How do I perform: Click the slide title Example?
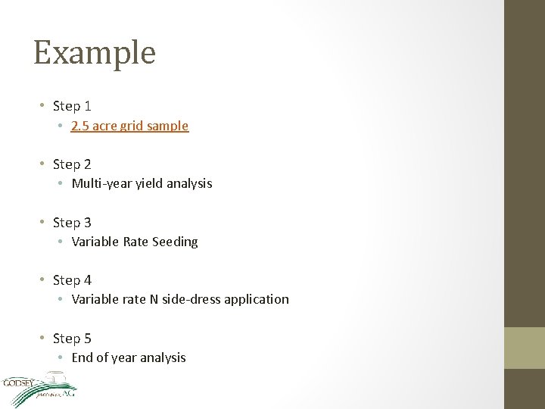[95, 53]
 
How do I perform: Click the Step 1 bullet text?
[72, 106]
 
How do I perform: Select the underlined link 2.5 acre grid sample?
[129, 126]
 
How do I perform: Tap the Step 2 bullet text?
[72, 164]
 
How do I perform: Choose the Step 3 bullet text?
[72, 223]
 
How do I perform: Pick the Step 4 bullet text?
[72, 280]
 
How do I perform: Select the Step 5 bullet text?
[72, 339]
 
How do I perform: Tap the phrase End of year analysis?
[129, 357]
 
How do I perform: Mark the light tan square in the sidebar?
[525, 348]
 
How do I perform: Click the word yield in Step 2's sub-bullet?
[148, 183]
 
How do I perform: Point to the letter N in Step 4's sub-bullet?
[154, 299]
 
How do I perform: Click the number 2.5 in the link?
[79, 126]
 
